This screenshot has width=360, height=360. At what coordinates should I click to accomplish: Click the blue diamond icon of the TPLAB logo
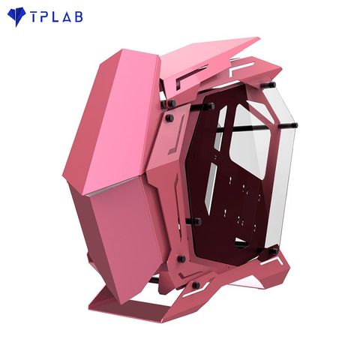point(16,17)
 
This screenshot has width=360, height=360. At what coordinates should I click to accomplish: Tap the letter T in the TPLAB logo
point(34,16)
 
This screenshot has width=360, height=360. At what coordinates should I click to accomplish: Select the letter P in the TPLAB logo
point(46,16)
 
